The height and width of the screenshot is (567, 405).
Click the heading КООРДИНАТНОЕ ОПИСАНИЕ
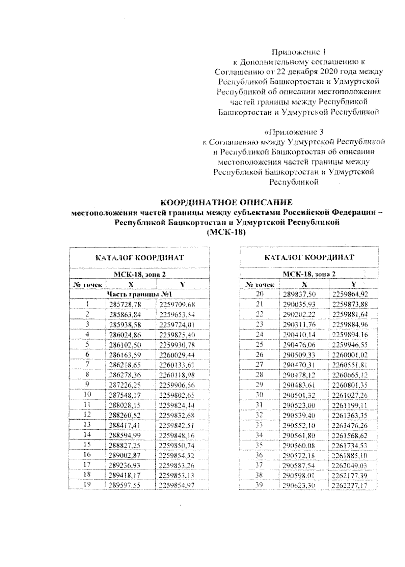coord(226,203)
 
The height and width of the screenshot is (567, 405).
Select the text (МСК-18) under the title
coord(226,233)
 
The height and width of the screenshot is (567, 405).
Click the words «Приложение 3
coord(294,132)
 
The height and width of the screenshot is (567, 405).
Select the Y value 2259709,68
coord(178,305)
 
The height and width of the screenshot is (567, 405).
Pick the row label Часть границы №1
coord(139,294)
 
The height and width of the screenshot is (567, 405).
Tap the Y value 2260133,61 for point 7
coord(178,365)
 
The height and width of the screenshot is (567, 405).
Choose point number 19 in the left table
coord(87,485)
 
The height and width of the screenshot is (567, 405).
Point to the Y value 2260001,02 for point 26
coord(350,355)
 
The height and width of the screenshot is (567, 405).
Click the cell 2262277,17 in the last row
coord(350,486)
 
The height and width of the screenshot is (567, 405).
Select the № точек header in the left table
coord(87,285)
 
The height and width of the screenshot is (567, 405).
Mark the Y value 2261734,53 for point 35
coord(350,446)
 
